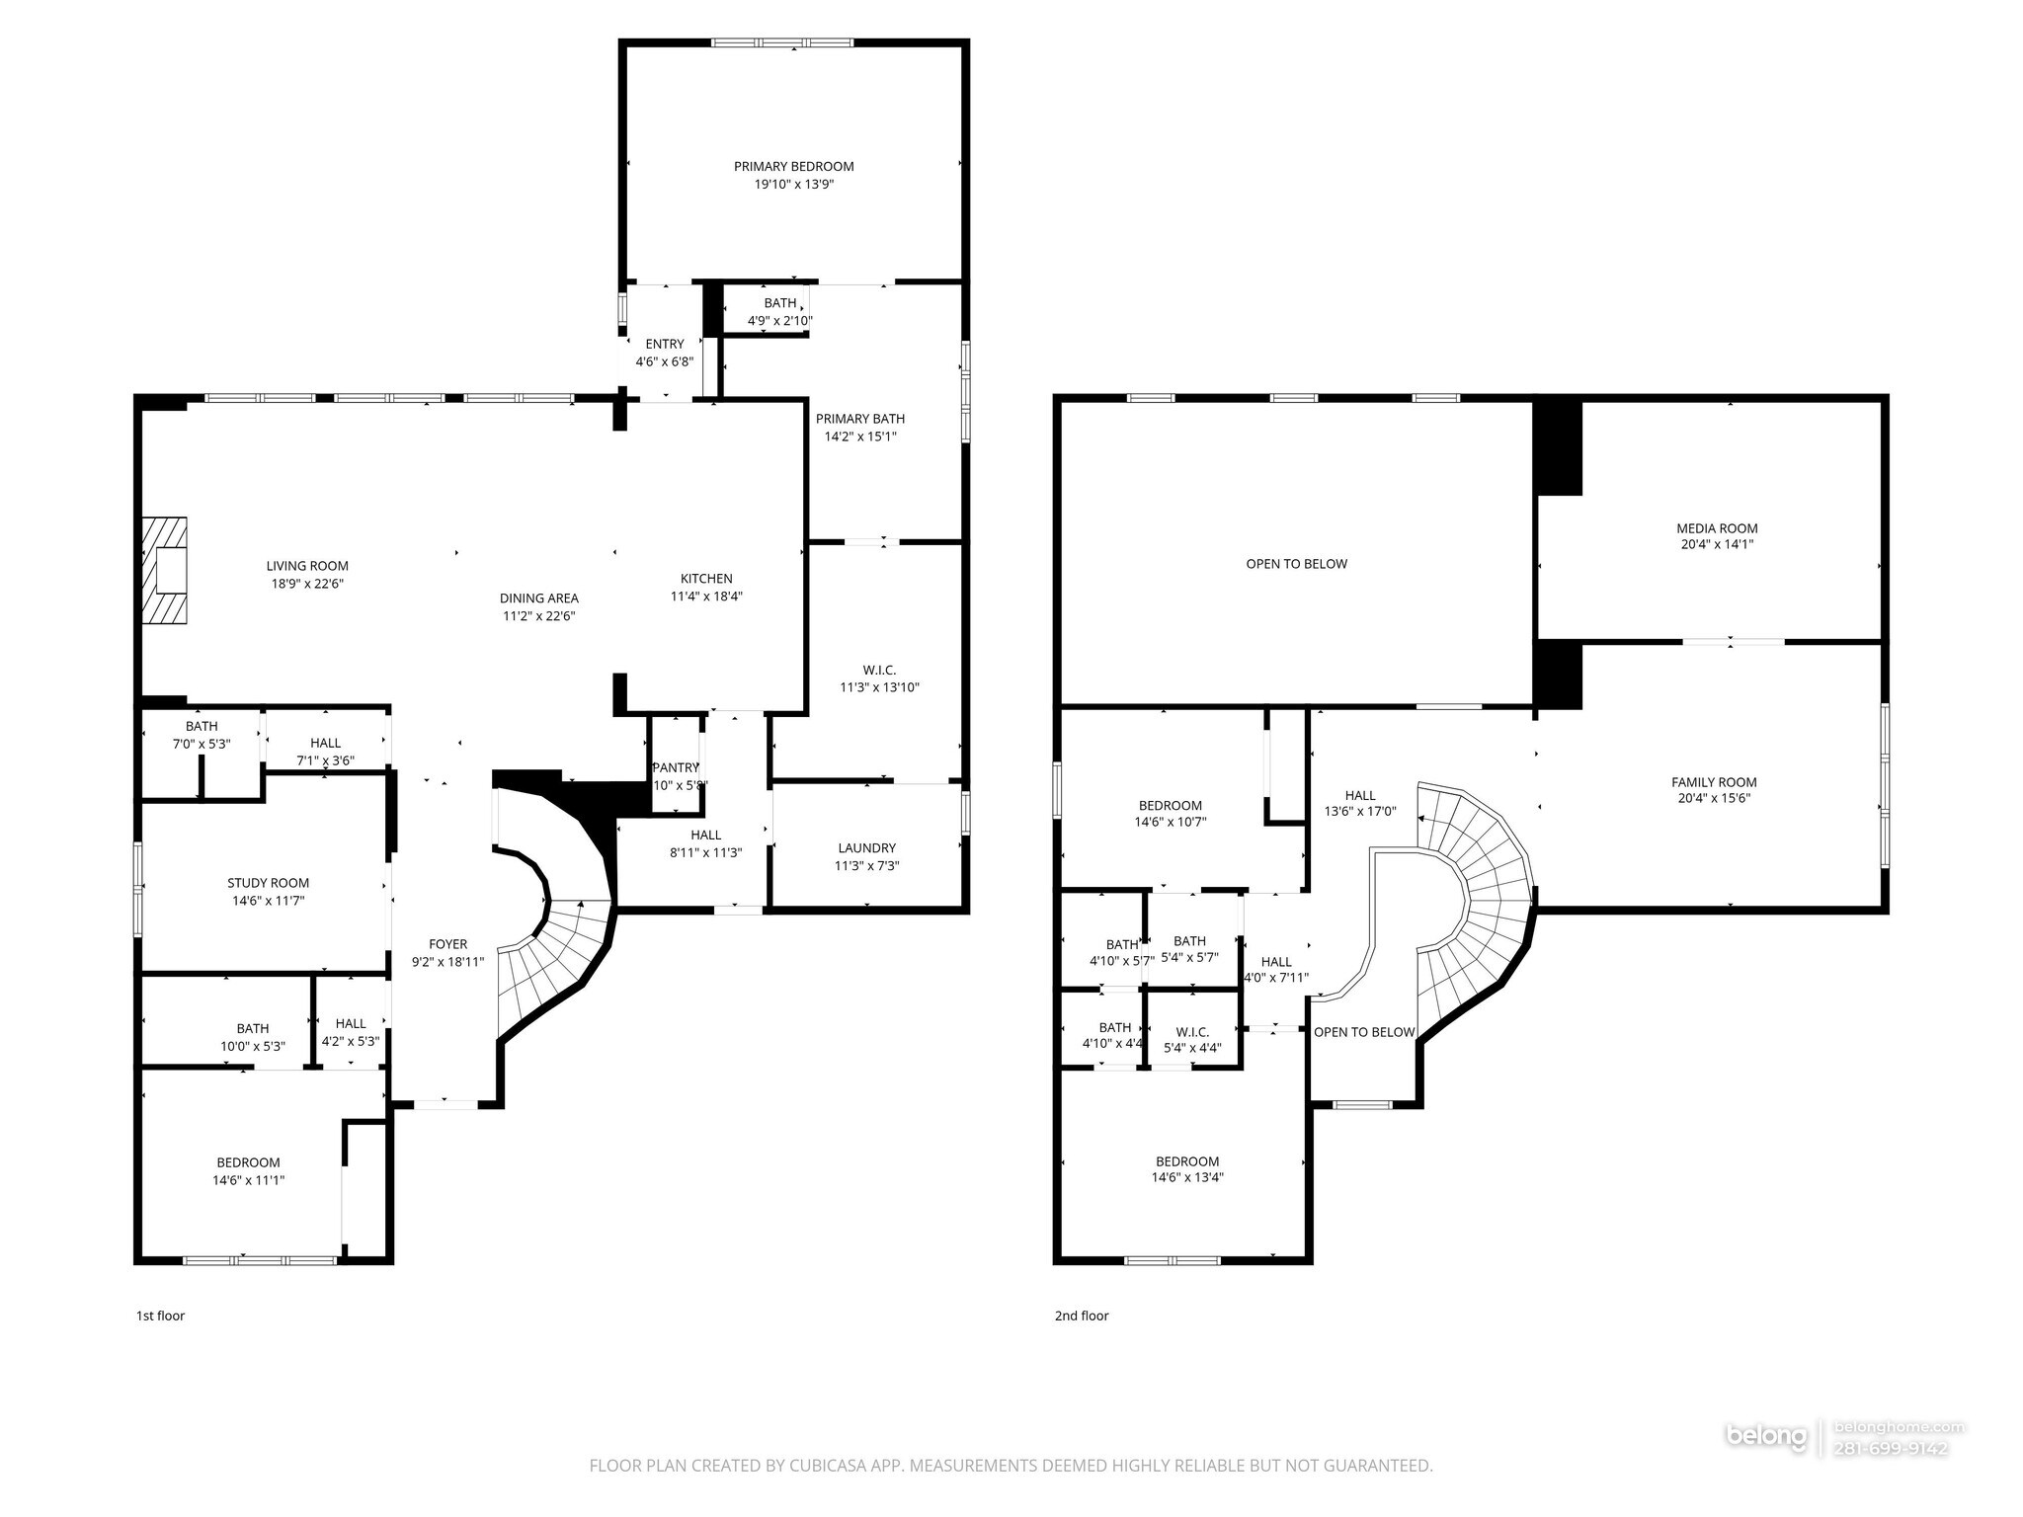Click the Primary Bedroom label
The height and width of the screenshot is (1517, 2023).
(x=793, y=167)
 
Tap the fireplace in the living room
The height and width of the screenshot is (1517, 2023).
(x=165, y=571)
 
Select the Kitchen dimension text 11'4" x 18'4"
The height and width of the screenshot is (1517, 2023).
(x=706, y=597)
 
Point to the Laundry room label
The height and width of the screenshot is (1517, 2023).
(x=866, y=848)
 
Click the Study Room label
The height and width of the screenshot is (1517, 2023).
(x=268, y=883)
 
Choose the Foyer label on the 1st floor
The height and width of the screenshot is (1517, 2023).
(x=447, y=944)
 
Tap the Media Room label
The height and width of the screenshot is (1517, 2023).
(x=1717, y=528)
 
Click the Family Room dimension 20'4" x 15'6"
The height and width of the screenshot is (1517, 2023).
(x=1714, y=799)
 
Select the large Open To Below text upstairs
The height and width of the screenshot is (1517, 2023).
(x=1296, y=564)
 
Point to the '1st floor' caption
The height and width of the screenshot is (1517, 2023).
(x=160, y=1316)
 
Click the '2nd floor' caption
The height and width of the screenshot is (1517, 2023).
(x=1081, y=1316)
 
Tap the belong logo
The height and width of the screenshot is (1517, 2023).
(x=1766, y=1464)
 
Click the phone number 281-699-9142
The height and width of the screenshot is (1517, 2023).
(x=1890, y=1477)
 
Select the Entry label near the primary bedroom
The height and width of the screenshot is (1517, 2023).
(x=665, y=345)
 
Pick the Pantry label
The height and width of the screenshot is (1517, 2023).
(x=676, y=768)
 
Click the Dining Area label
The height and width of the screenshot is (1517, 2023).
(x=538, y=599)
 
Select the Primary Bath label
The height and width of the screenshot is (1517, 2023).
(x=859, y=419)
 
